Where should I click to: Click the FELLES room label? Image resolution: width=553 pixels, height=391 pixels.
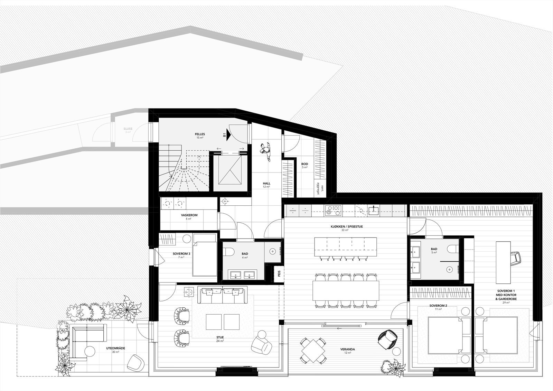[200, 134]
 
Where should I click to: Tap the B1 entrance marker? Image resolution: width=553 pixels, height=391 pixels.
[225, 136]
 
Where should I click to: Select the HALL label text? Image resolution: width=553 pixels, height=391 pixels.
[266, 184]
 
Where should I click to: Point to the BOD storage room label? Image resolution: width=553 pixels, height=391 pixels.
[304, 164]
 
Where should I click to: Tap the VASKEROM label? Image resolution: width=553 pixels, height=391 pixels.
[189, 215]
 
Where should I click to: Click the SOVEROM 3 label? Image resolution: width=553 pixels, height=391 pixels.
[181, 253]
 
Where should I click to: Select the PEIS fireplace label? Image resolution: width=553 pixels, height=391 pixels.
[279, 274]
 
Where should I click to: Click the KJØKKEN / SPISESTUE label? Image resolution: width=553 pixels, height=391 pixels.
[344, 226]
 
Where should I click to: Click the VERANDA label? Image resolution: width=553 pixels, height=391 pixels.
[347, 350]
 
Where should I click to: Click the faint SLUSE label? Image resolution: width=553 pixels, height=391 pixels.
[128, 129]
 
